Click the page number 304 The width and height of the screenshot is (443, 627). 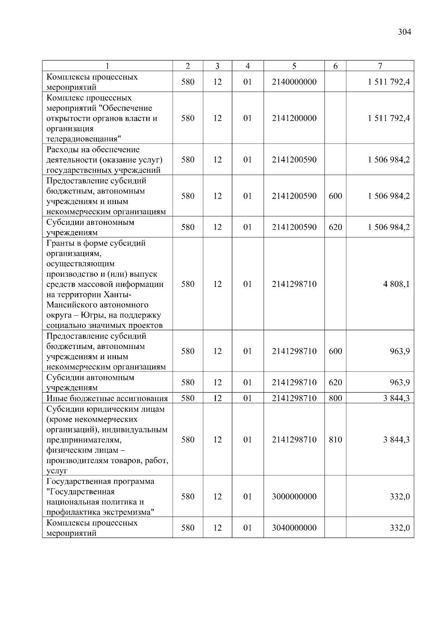(404, 32)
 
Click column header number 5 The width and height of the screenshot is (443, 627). (294, 66)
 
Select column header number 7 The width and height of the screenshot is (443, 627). (380, 66)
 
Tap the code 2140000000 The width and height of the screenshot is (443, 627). (294, 82)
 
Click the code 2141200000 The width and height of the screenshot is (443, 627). (294, 118)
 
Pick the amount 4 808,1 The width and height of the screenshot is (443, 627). (396, 284)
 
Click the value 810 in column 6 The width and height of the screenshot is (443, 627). (335, 439)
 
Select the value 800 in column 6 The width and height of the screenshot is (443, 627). (335, 398)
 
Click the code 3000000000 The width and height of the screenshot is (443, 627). (294, 497)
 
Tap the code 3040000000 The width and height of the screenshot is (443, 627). (294, 528)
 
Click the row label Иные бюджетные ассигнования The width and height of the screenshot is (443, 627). (107, 398)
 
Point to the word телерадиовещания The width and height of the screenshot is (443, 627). (84, 139)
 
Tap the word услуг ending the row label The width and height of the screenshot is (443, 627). (57, 471)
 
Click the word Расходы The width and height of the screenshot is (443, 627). (61, 150)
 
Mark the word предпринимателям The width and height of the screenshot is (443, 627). (84, 440)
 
